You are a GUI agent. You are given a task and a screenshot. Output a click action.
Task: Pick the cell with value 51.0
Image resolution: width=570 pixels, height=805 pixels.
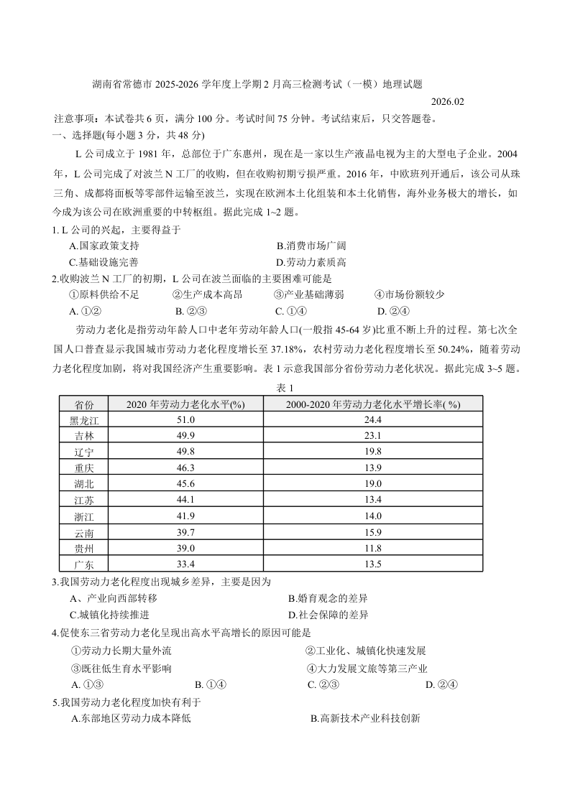185,419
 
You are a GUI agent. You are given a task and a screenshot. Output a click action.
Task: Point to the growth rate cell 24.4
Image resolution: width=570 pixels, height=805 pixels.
372,419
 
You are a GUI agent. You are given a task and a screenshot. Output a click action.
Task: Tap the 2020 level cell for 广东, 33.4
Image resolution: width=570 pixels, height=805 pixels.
185,564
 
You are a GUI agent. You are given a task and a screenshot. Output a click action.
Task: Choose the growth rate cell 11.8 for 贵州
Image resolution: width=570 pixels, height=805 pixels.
372,548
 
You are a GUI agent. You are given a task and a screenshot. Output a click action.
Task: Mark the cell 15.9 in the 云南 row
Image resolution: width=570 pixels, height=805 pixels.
372,532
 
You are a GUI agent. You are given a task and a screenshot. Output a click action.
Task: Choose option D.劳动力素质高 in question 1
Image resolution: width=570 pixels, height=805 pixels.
311,262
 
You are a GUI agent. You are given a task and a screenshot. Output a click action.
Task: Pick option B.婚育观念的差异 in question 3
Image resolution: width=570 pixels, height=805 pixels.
328,598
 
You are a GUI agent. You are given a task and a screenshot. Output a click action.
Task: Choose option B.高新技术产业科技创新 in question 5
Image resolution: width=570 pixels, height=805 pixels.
365,718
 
